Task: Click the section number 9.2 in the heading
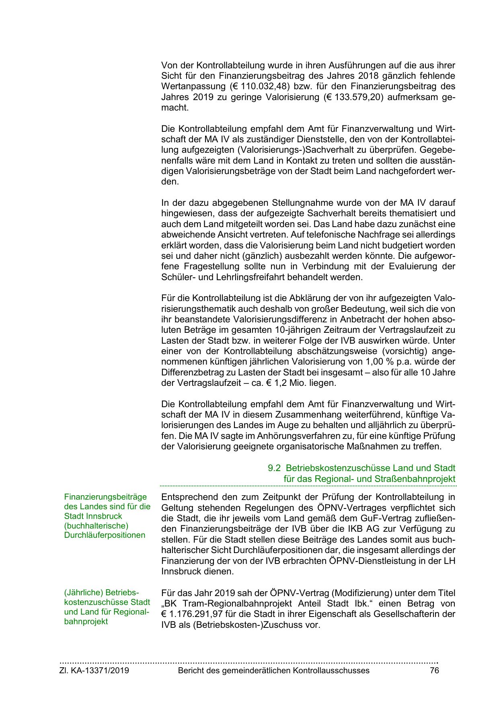click(x=274, y=468)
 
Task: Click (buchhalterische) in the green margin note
click(x=96, y=526)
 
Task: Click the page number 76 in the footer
click(x=434, y=670)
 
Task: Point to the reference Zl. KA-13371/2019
click(x=94, y=670)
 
